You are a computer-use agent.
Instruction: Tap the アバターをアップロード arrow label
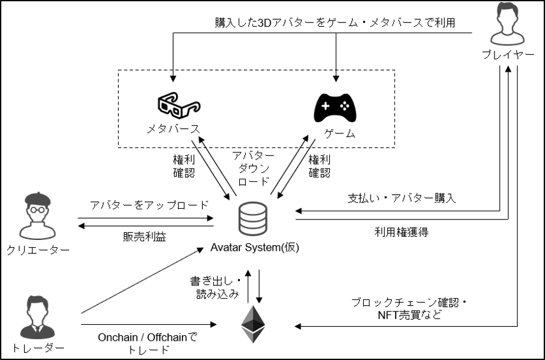coord(149,206)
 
